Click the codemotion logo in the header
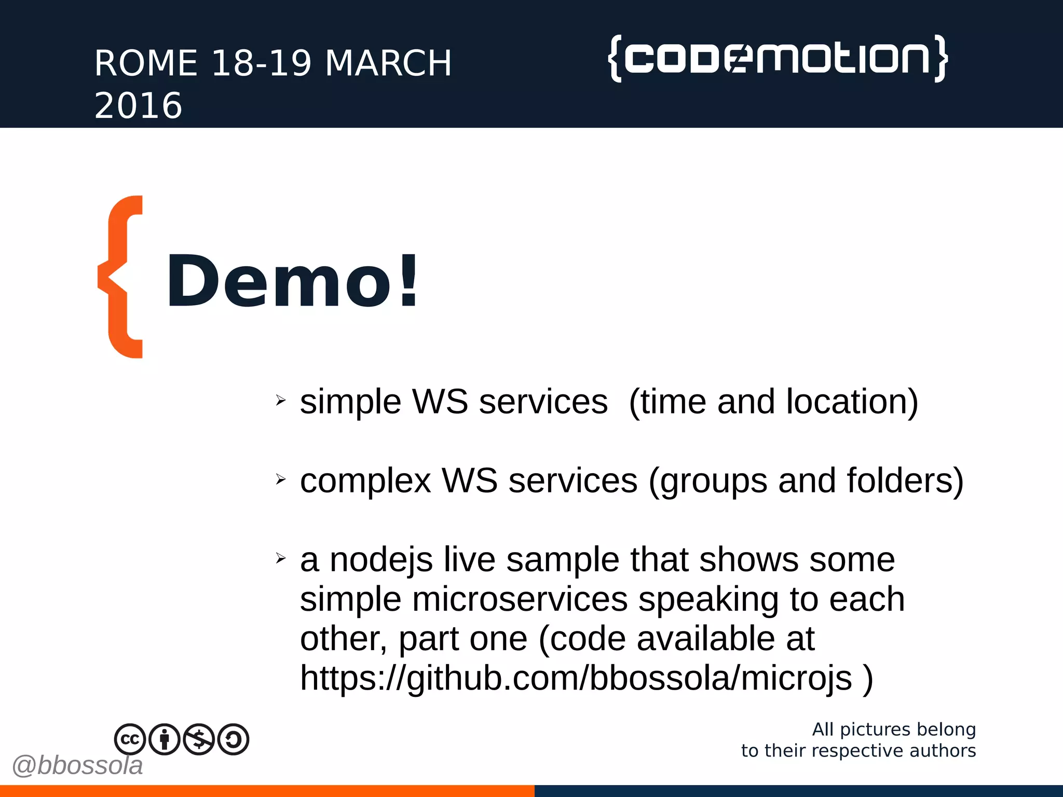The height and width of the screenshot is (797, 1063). coord(778,58)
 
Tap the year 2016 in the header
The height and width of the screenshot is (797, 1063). coord(138,106)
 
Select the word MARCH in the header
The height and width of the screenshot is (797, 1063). coord(388,63)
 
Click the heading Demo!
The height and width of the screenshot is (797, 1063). coord(292,281)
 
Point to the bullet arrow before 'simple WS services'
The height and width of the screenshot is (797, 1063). coord(281,400)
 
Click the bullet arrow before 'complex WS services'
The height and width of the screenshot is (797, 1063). coord(281,479)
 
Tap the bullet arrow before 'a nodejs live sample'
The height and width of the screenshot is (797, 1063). coord(281,558)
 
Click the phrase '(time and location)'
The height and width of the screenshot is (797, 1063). coord(773,402)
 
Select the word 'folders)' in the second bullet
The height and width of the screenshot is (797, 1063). coord(905,481)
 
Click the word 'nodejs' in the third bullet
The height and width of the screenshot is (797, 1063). coord(381,560)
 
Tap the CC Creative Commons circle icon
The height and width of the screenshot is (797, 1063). coord(130,739)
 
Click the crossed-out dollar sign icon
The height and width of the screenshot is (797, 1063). coord(199,739)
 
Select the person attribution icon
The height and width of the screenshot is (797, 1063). coord(165,739)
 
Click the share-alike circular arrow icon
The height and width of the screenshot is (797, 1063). coord(234,739)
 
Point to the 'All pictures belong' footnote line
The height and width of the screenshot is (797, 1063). coord(894,730)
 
